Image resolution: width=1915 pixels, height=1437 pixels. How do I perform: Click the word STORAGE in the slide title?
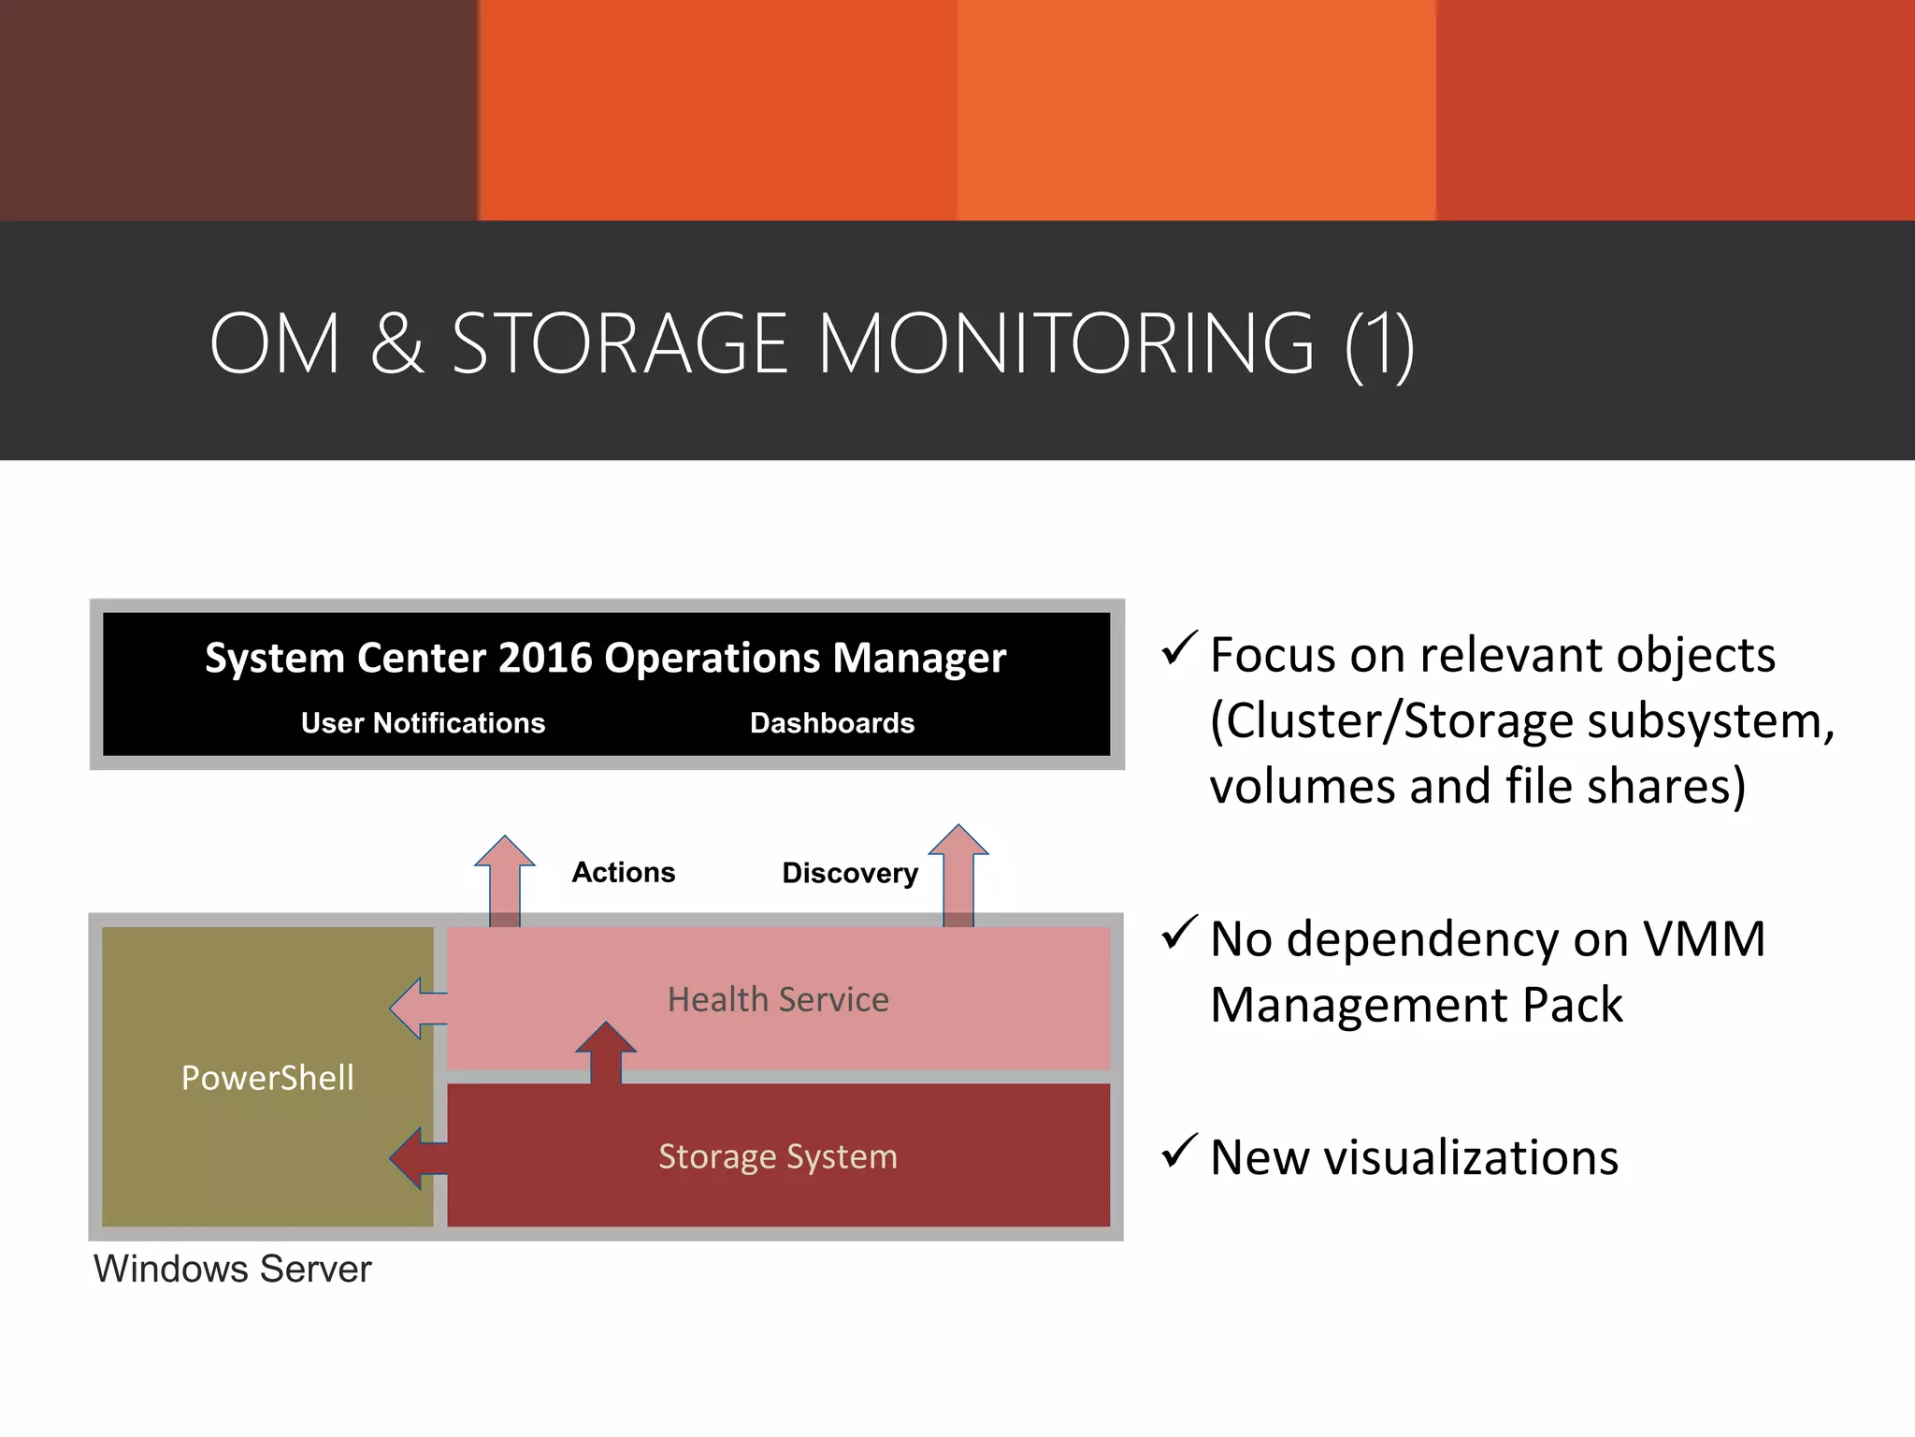pyautogui.click(x=620, y=343)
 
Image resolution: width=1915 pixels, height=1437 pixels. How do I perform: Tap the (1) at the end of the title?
pyautogui.click(x=1379, y=345)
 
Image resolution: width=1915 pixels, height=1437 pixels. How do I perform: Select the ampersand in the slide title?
pyautogui.click(x=396, y=343)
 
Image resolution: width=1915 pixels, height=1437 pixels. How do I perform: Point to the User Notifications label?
pyautogui.click(x=423, y=723)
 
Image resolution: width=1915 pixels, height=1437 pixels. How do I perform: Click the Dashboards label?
pyautogui.click(x=831, y=723)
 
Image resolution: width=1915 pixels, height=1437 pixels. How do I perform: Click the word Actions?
pyautogui.click(x=623, y=872)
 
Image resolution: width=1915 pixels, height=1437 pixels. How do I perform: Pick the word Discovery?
pyautogui.click(x=849, y=873)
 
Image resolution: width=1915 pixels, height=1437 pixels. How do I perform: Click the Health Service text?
pyautogui.click(x=778, y=999)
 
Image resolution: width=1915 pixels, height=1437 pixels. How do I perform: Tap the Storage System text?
pyautogui.click(x=778, y=1156)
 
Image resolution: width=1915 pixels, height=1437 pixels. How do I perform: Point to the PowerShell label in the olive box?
pyautogui.click(x=267, y=1078)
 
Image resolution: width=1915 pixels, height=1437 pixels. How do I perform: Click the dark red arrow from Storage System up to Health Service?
pyautogui.click(x=606, y=1052)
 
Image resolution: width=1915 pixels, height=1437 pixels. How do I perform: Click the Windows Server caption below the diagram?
pyautogui.click(x=233, y=1270)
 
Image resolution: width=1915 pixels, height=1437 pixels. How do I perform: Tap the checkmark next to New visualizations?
pyautogui.click(x=1179, y=1152)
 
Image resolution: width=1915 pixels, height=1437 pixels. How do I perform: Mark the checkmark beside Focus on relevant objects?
pyautogui.click(x=1179, y=648)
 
